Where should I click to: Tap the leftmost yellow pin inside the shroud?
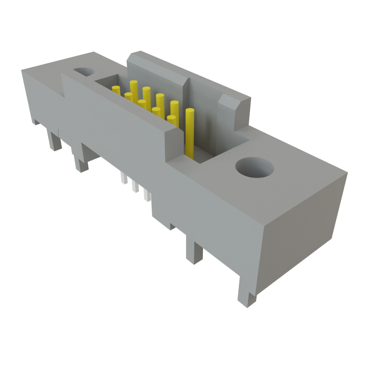pyautogui.click(x=116, y=90)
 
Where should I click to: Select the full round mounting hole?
pyautogui.click(x=254, y=168)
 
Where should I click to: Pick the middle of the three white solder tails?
pyautogui.click(x=135, y=186)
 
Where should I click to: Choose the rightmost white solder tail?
pyautogui.click(x=146, y=195)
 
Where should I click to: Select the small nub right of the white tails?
pyautogui.click(x=172, y=227)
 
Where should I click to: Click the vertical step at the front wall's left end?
pyautogui.click(x=64, y=85)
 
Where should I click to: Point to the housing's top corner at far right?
pyautogui.click(x=347, y=173)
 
